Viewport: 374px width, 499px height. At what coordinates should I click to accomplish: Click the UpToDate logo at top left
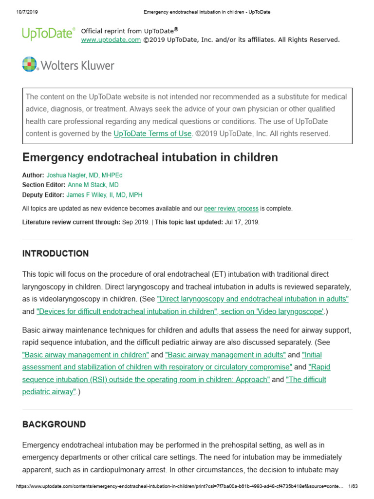click(x=48, y=34)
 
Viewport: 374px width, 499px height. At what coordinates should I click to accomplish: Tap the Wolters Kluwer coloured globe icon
click(x=30, y=64)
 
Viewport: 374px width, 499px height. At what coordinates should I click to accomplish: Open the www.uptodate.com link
click(x=111, y=39)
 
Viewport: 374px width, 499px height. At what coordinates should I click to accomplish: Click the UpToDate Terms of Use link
click(x=152, y=134)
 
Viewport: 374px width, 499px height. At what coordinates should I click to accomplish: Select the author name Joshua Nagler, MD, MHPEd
click(x=88, y=175)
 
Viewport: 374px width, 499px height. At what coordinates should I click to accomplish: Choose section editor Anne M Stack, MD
click(x=93, y=185)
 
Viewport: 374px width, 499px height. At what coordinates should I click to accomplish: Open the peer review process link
click(x=231, y=209)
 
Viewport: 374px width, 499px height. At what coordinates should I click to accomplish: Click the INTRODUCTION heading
click(x=56, y=253)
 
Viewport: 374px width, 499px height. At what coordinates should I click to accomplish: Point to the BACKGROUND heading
click(x=54, y=424)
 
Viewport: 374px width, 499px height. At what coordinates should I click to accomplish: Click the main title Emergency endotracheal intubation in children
click(x=150, y=157)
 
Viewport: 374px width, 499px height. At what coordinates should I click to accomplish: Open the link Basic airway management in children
click(x=86, y=355)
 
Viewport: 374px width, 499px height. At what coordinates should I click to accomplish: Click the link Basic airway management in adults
click(x=225, y=355)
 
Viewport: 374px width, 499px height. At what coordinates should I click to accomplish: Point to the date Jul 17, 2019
click(x=242, y=222)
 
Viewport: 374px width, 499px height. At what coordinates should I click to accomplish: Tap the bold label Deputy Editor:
click(x=43, y=195)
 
